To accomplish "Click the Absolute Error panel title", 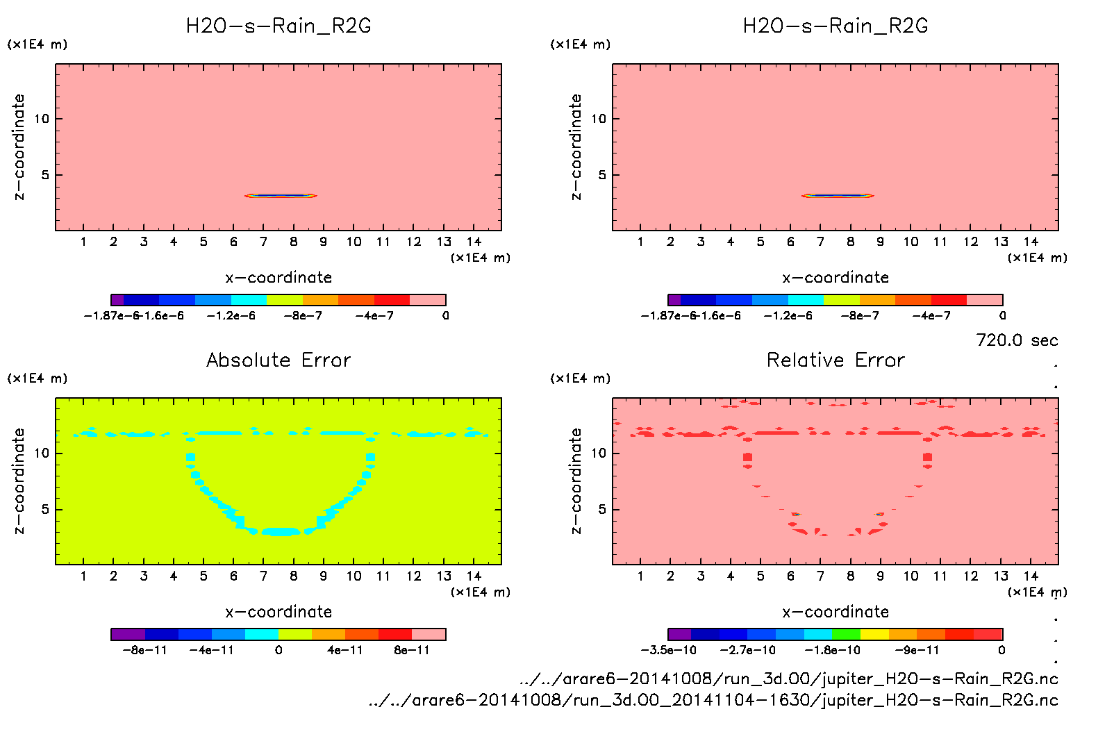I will [x=278, y=360].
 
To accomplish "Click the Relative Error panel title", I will [x=835, y=360].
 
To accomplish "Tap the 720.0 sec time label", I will [x=1017, y=340].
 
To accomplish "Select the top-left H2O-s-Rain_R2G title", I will [x=278, y=26].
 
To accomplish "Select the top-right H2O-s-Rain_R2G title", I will [x=835, y=26].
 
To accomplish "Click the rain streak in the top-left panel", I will [x=281, y=196].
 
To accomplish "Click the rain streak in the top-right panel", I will [x=838, y=196].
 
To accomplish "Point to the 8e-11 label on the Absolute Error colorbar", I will [x=412, y=650].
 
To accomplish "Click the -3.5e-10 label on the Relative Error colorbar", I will [x=668, y=650].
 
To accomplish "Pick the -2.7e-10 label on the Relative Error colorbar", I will [x=747, y=650].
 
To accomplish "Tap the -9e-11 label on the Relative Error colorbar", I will [x=916, y=650].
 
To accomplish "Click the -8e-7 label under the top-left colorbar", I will [x=303, y=315].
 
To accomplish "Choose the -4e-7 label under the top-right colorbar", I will [x=931, y=315].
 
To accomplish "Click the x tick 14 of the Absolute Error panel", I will [x=474, y=576].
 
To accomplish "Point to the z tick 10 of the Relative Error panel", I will [x=599, y=453].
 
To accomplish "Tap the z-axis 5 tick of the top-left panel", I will [x=46, y=175].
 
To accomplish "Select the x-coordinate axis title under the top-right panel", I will [x=835, y=277].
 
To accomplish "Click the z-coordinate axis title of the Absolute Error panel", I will [x=19, y=481].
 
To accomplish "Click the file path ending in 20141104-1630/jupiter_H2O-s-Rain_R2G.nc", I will [x=713, y=700].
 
